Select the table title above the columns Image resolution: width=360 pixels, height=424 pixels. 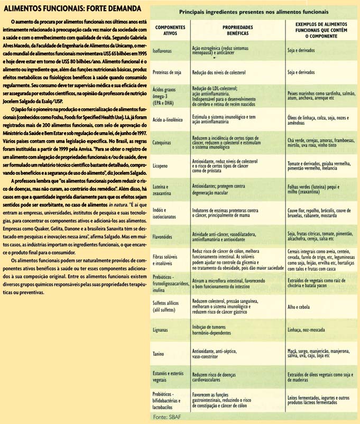click(254, 11)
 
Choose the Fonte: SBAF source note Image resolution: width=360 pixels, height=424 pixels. click(168, 418)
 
